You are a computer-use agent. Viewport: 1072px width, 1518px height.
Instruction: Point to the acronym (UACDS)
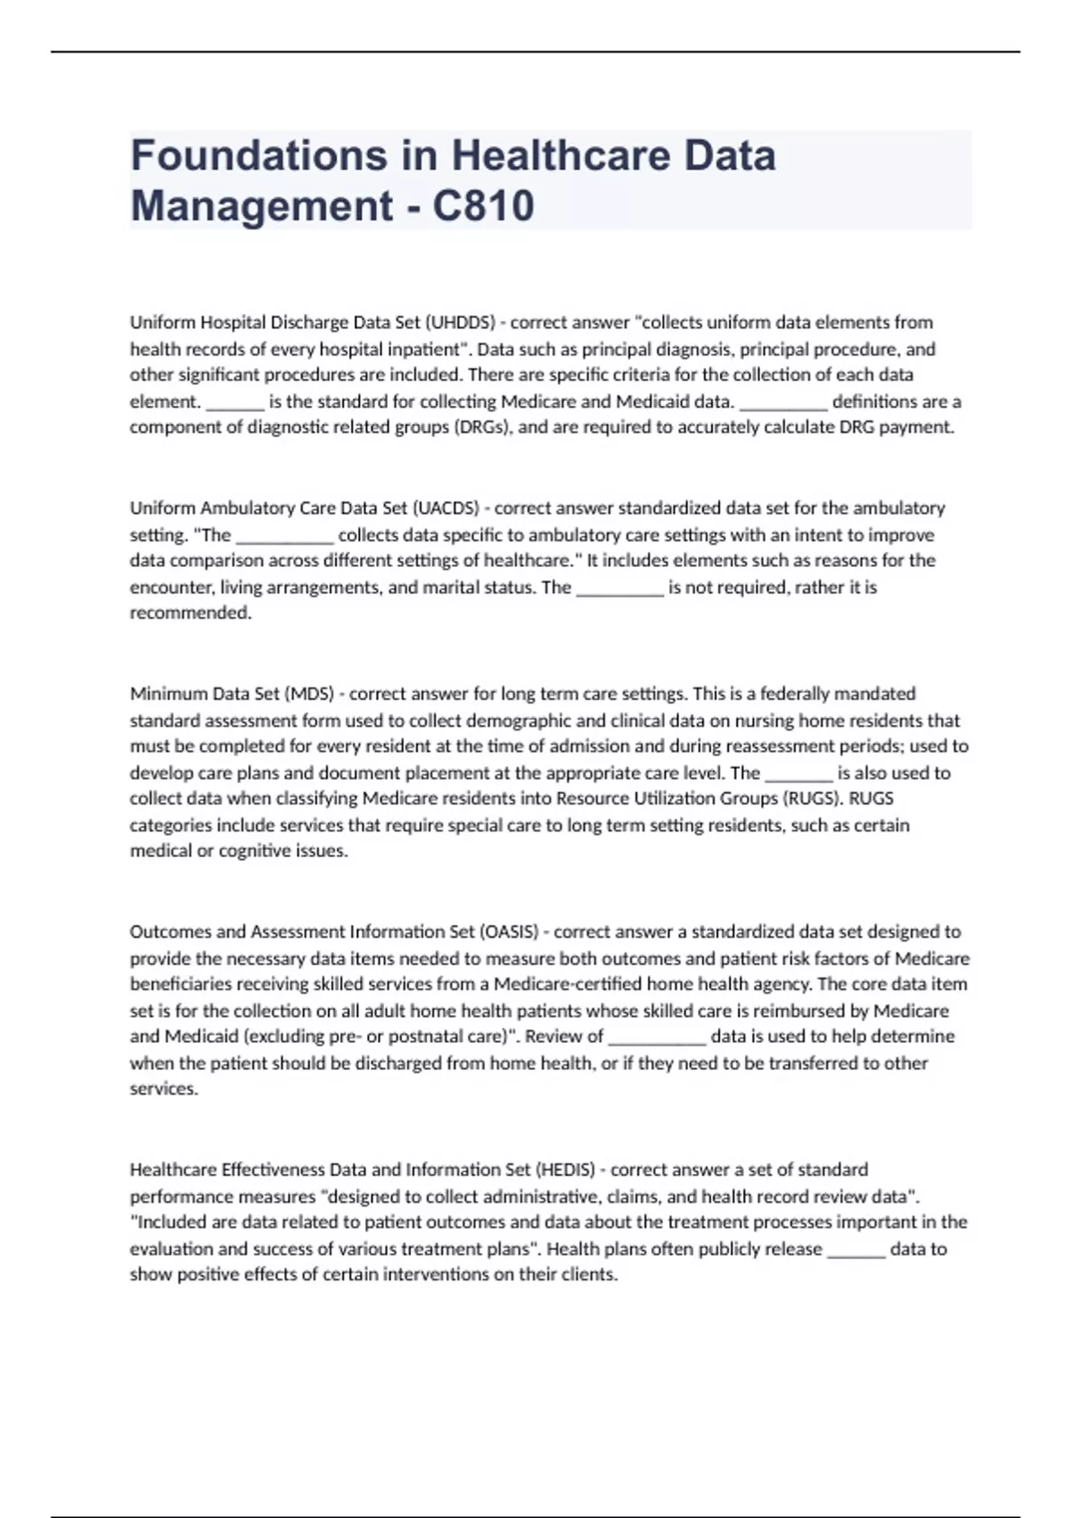pyautogui.click(x=445, y=508)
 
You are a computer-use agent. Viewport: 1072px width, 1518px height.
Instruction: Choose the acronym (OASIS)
pyautogui.click(x=509, y=931)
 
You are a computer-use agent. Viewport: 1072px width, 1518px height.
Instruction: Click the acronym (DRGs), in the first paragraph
pyautogui.click(x=483, y=427)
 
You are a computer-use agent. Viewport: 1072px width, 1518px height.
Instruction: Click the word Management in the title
pyautogui.click(x=262, y=205)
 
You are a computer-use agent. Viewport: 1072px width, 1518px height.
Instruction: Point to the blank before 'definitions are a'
pyautogui.click(x=783, y=403)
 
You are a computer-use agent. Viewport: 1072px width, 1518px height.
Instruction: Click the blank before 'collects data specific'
pyautogui.click(x=284, y=536)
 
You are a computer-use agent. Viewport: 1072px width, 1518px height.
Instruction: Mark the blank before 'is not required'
pyautogui.click(x=620, y=588)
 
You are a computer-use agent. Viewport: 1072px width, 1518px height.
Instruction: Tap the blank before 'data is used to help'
pyautogui.click(x=657, y=1038)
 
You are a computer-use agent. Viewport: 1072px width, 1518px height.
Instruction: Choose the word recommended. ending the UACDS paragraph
pyautogui.click(x=190, y=613)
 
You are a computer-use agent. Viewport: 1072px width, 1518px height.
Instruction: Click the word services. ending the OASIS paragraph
pyautogui.click(x=163, y=1089)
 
